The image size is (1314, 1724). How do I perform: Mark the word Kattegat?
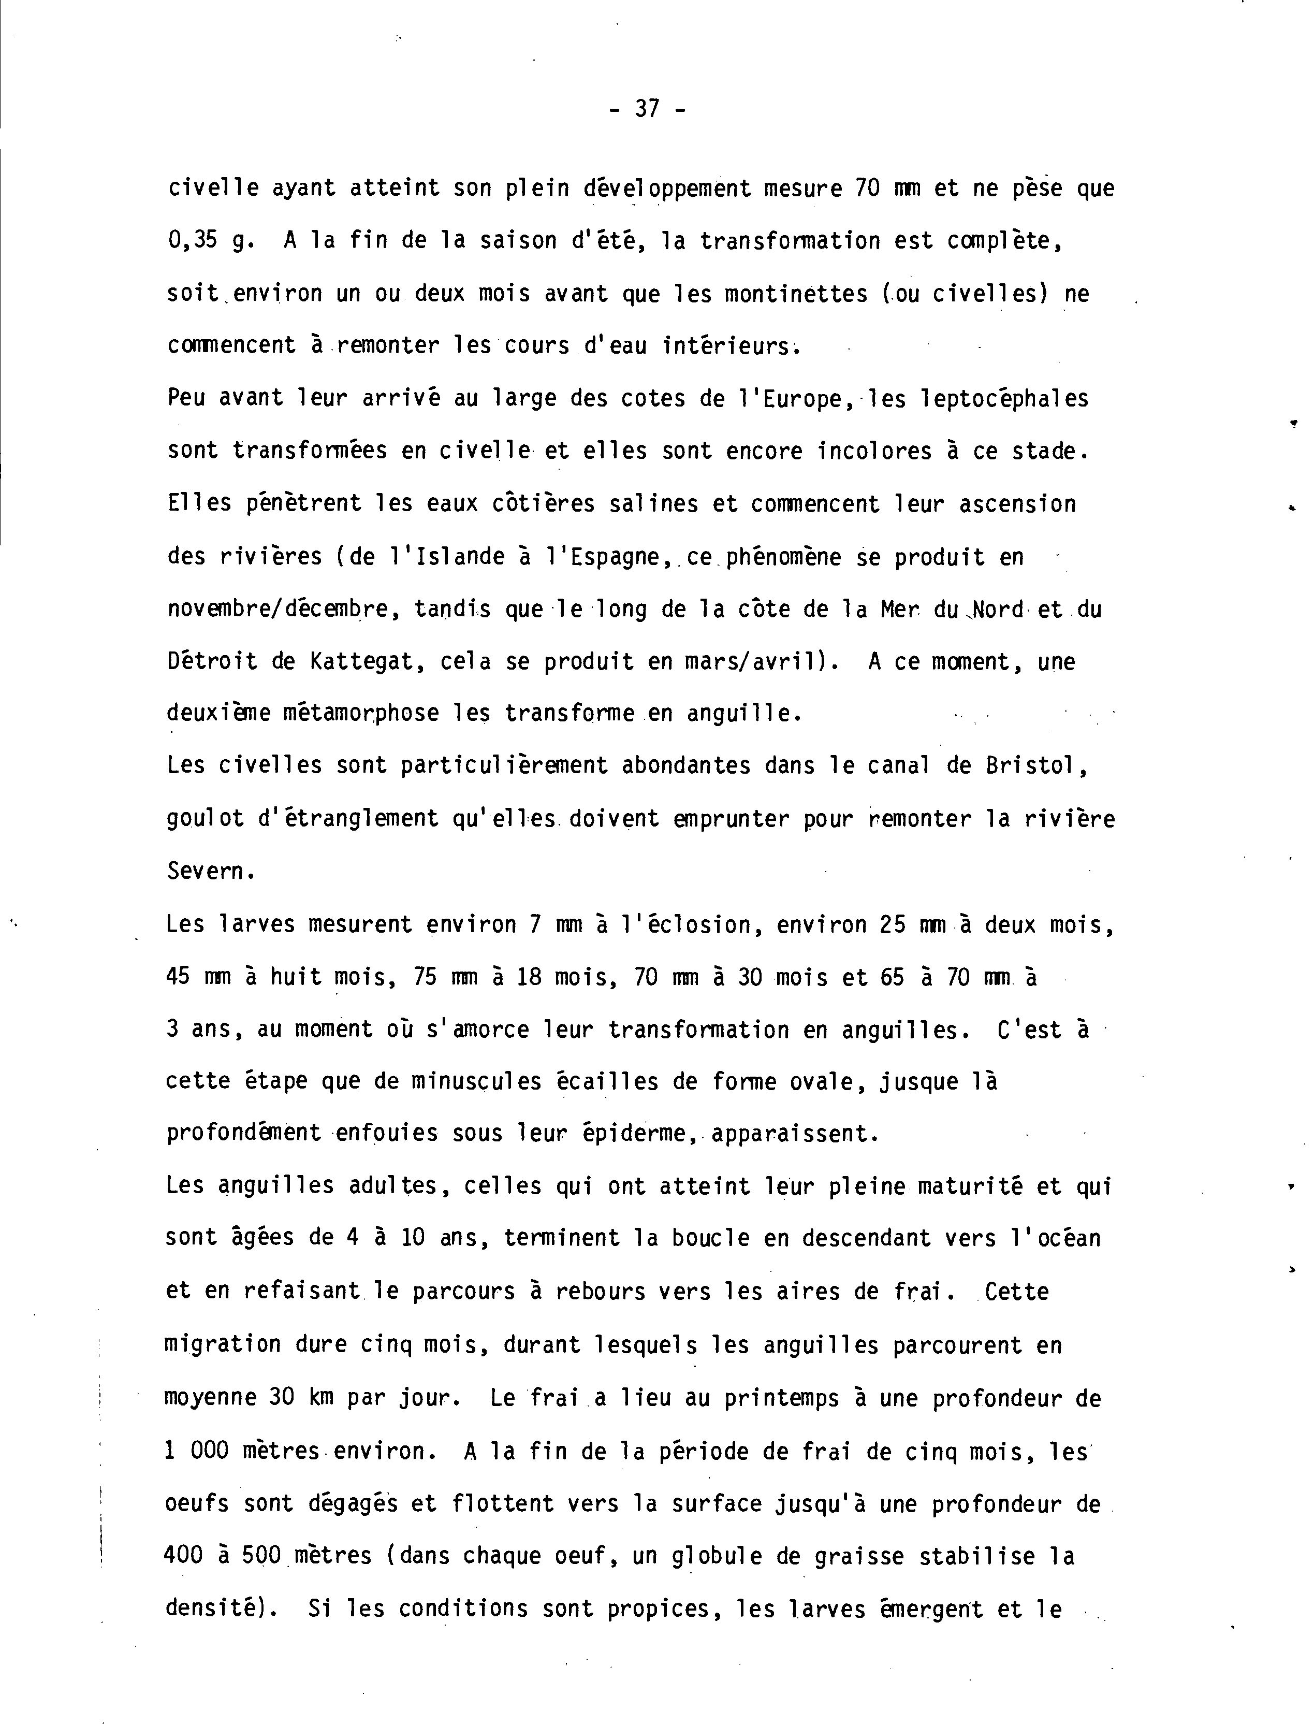(x=366, y=662)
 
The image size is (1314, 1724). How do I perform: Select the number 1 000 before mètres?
(x=197, y=1451)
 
